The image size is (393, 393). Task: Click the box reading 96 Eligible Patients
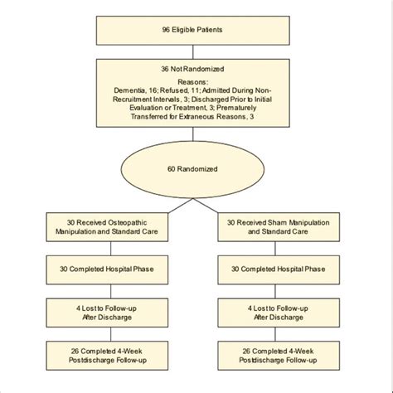click(x=196, y=32)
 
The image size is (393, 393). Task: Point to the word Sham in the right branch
click(x=291, y=221)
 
